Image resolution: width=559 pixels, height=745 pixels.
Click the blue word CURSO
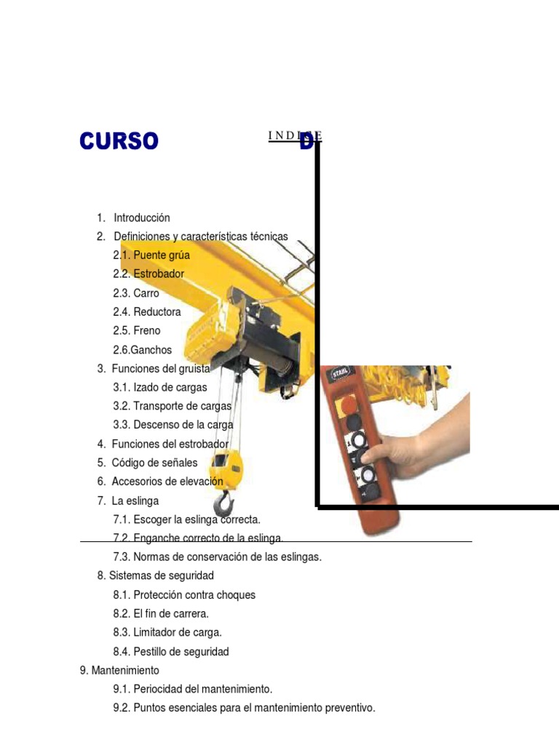[x=119, y=140]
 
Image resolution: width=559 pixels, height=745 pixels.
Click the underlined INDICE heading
[x=296, y=136]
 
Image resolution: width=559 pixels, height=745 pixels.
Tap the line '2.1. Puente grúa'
[x=151, y=255]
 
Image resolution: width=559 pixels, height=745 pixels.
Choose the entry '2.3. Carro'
[x=136, y=293]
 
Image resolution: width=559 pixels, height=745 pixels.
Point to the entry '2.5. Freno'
[x=137, y=330]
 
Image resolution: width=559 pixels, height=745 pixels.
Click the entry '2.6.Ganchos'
[x=143, y=350]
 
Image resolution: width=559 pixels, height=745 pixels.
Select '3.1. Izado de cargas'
[x=160, y=387]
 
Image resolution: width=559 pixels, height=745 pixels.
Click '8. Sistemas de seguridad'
[x=156, y=575]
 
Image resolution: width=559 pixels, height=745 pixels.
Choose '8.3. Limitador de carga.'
[x=167, y=632]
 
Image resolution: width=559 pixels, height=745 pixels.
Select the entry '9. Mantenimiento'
[x=119, y=670]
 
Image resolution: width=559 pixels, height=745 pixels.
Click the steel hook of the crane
[x=224, y=503]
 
